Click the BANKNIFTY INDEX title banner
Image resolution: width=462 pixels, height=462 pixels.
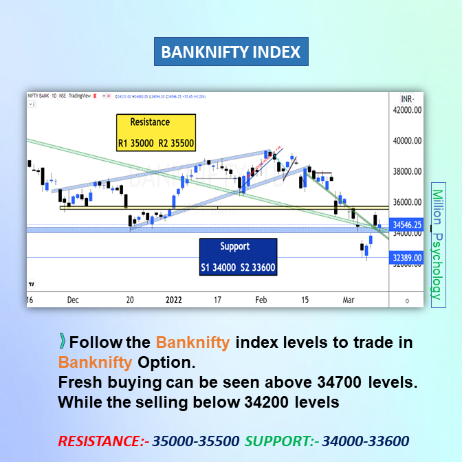[x=230, y=52]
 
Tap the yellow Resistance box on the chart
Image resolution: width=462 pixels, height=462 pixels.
[x=155, y=133]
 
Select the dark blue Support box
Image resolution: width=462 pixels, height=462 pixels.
[x=237, y=256]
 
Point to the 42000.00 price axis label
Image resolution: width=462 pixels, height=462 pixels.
[x=406, y=110]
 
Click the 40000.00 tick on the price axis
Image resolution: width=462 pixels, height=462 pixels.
[x=406, y=141]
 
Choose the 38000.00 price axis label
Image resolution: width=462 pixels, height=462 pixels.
[x=406, y=172]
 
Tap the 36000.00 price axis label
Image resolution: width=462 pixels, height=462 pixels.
[x=406, y=203]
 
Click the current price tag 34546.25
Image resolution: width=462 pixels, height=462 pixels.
[x=406, y=224]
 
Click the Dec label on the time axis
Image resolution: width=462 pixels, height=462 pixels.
[x=74, y=300]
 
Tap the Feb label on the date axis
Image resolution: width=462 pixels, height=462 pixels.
[x=261, y=300]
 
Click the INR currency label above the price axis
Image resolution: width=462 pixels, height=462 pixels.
[x=406, y=98]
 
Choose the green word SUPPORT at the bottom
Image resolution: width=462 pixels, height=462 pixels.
[x=274, y=441]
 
